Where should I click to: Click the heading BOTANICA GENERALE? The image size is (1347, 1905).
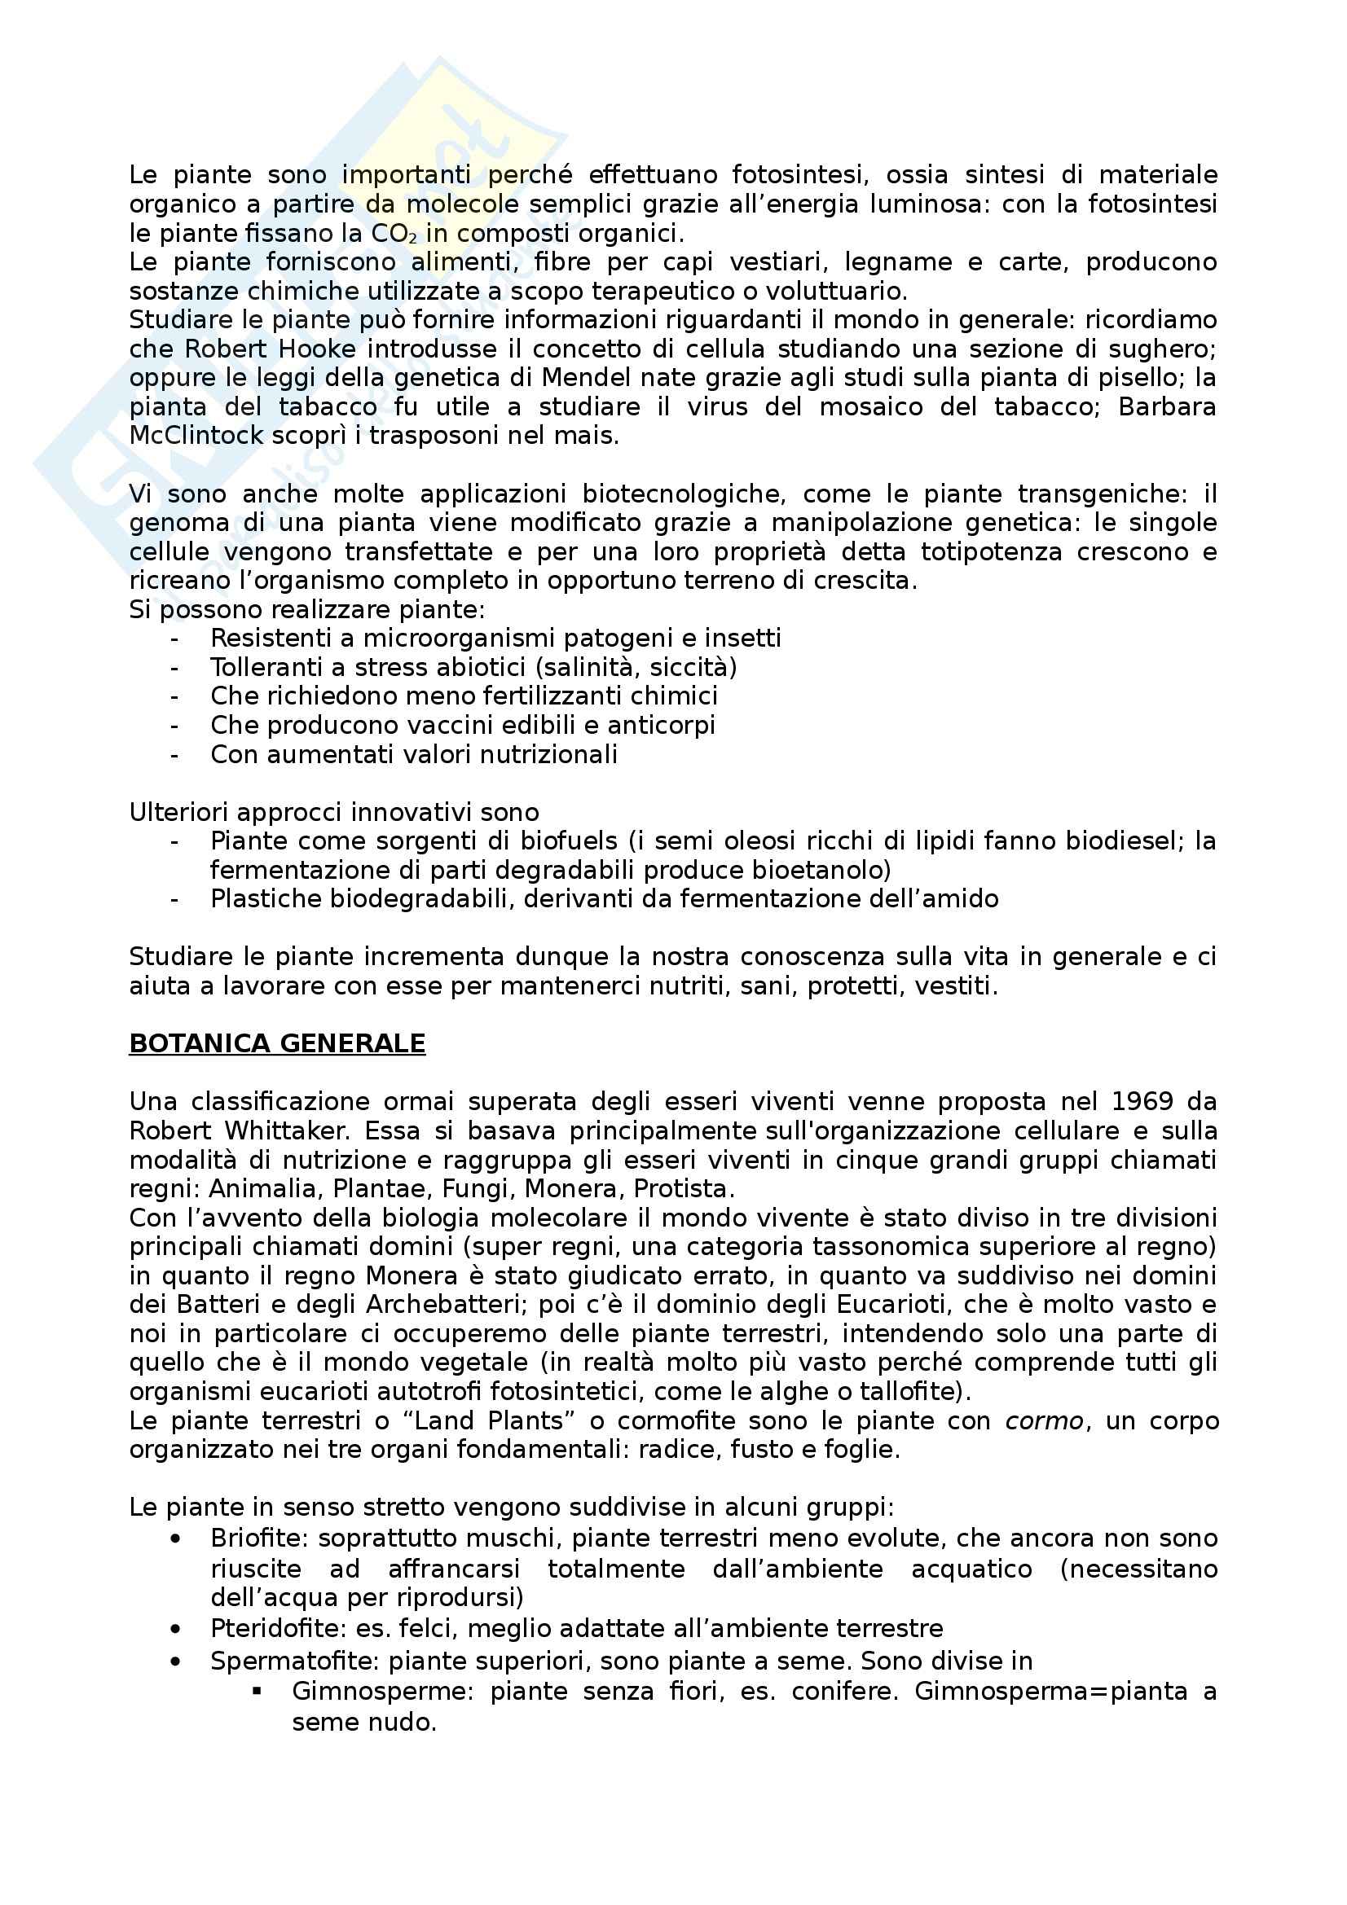pos(277,1043)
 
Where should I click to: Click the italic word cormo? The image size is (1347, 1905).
pos(1044,1421)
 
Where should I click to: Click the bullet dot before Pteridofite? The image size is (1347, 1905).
pos(174,1630)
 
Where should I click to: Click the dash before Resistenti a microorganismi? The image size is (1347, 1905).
pos(174,638)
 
